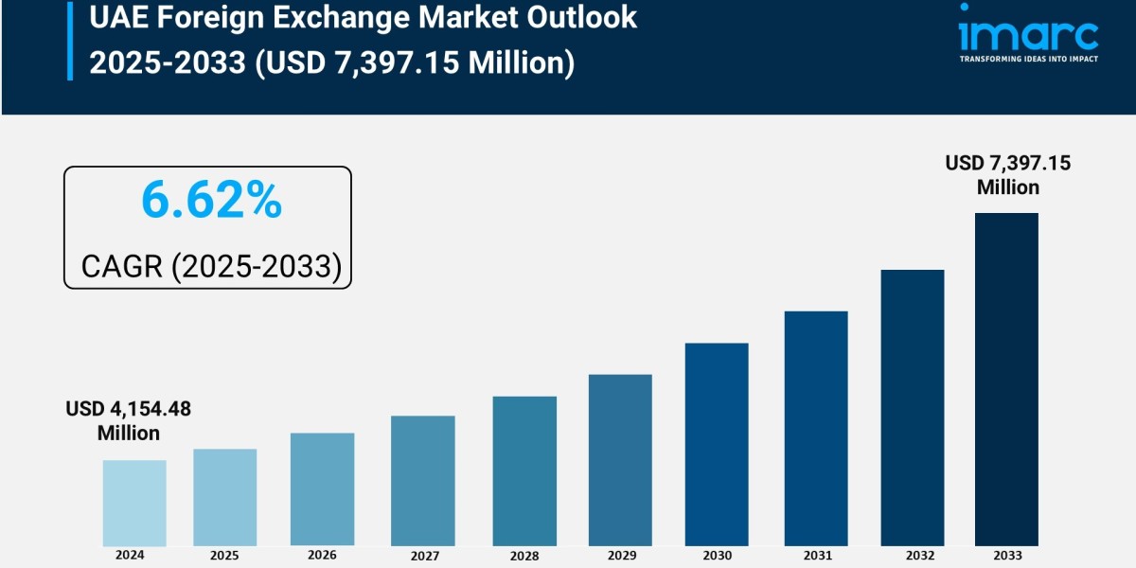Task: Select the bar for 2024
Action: [x=134, y=503]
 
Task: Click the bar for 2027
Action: [x=422, y=480]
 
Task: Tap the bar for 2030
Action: [x=717, y=444]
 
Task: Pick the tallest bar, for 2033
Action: [x=1006, y=379]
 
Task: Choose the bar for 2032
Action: [x=913, y=407]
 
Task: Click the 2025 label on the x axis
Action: [x=224, y=555]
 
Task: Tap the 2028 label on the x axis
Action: [x=524, y=556]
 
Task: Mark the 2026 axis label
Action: [x=322, y=555]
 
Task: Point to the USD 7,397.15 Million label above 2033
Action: [x=1008, y=175]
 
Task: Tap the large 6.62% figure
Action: [x=211, y=201]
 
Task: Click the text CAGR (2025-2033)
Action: [x=211, y=266]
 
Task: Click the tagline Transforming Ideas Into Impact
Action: [x=1028, y=59]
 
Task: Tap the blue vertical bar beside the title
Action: [x=69, y=41]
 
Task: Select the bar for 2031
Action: [x=816, y=428]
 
